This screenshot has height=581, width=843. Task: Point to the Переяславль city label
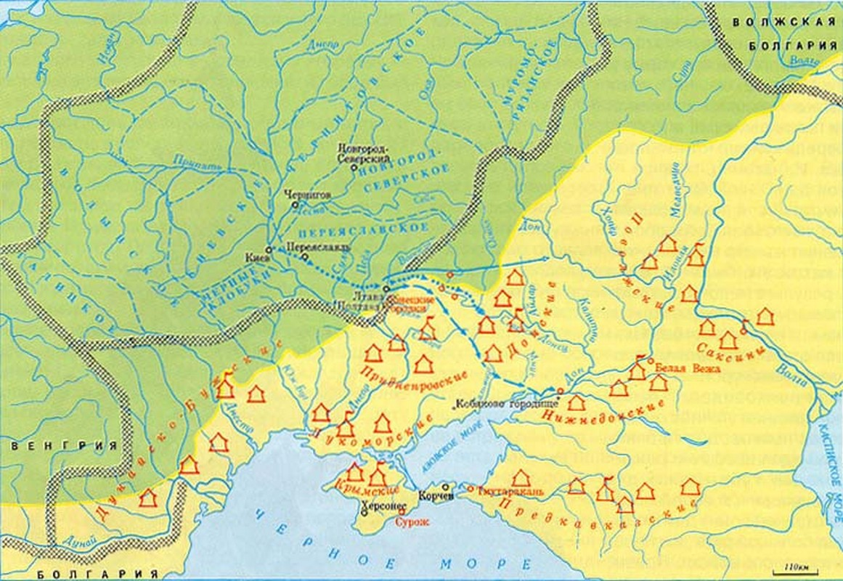[324, 246]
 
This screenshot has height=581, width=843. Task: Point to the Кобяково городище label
[507, 404]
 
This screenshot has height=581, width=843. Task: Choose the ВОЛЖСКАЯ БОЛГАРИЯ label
[785, 33]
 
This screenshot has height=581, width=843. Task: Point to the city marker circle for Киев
[269, 249]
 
